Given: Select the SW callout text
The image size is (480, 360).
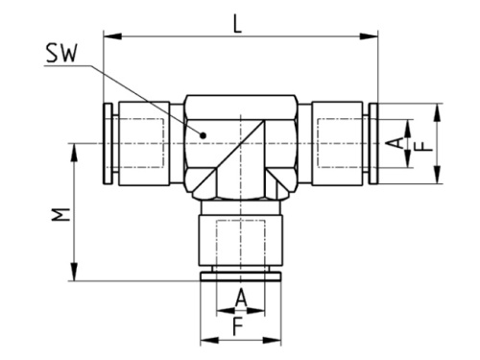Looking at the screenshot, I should click(63, 57).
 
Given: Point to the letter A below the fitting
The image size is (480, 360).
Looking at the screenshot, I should click(240, 299).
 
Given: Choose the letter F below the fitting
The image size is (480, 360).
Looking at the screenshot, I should click(240, 325).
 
